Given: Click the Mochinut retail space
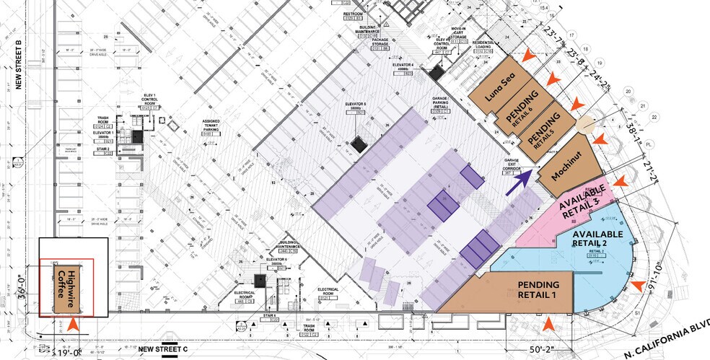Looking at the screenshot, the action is (569, 166).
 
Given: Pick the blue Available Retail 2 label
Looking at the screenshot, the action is (597, 235).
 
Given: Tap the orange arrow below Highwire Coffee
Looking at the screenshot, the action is (72, 325).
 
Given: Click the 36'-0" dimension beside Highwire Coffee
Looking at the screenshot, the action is (27, 289).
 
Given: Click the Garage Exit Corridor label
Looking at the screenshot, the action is (512, 165).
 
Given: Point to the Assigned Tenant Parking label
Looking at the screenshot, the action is (192, 126).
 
